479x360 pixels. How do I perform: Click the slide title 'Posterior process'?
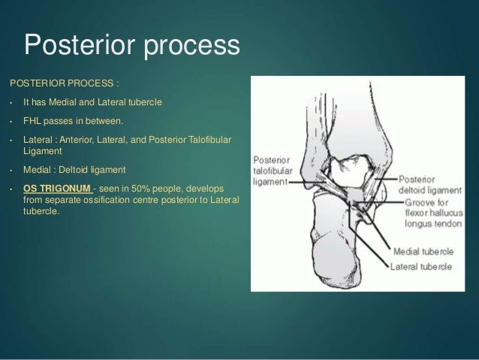(x=131, y=46)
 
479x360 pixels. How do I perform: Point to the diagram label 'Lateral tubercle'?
(x=423, y=265)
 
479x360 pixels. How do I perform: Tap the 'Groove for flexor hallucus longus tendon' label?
(x=433, y=212)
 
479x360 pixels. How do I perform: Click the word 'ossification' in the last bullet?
(x=110, y=197)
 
